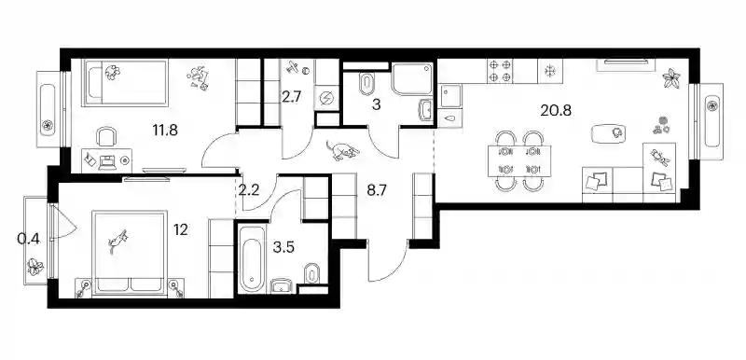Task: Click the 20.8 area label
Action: pyautogui.click(x=556, y=110)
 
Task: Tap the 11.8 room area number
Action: pyautogui.click(x=165, y=130)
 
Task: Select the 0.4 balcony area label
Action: pyautogui.click(x=28, y=239)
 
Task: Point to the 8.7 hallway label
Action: pyautogui.click(x=377, y=190)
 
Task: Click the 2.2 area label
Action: pyautogui.click(x=249, y=190)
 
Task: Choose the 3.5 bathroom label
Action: pyautogui.click(x=283, y=248)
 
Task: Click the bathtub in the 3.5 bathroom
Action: pyautogui.click(x=252, y=259)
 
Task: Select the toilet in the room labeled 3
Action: pyautogui.click(x=367, y=83)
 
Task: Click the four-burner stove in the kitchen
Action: pyautogui.click(x=500, y=70)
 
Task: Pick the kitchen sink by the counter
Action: pyautogui.click(x=450, y=97)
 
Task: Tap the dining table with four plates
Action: pyautogui.click(x=519, y=160)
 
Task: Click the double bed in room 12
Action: pyautogui.click(x=130, y=253)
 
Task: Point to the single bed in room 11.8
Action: pyautogui.click(x=125, y=82)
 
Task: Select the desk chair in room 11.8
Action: pyautogui.click(x=105, y=136)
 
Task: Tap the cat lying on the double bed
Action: pyautogui.click(x=118, y=240)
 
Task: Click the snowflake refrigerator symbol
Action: pyautogui.click(x=550, y=71)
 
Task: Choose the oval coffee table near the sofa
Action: pyautogui.click(x=609, y=132)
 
